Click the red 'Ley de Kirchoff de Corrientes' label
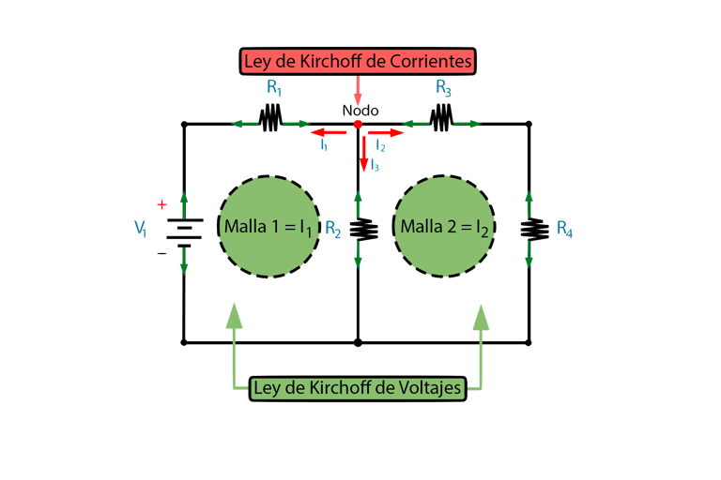click(x=359, y=62)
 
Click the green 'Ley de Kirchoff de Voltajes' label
click(x=358, y=387)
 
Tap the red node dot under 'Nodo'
click(x=358, y=124)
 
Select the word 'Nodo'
click(x=358, y=110)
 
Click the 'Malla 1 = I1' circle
click(x=268, y=227)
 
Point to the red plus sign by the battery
click(x=161, y=203)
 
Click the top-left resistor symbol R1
click(x=272, y=120)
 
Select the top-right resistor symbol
click(x=441, y=120)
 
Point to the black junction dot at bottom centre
click(x=358, y=343)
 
